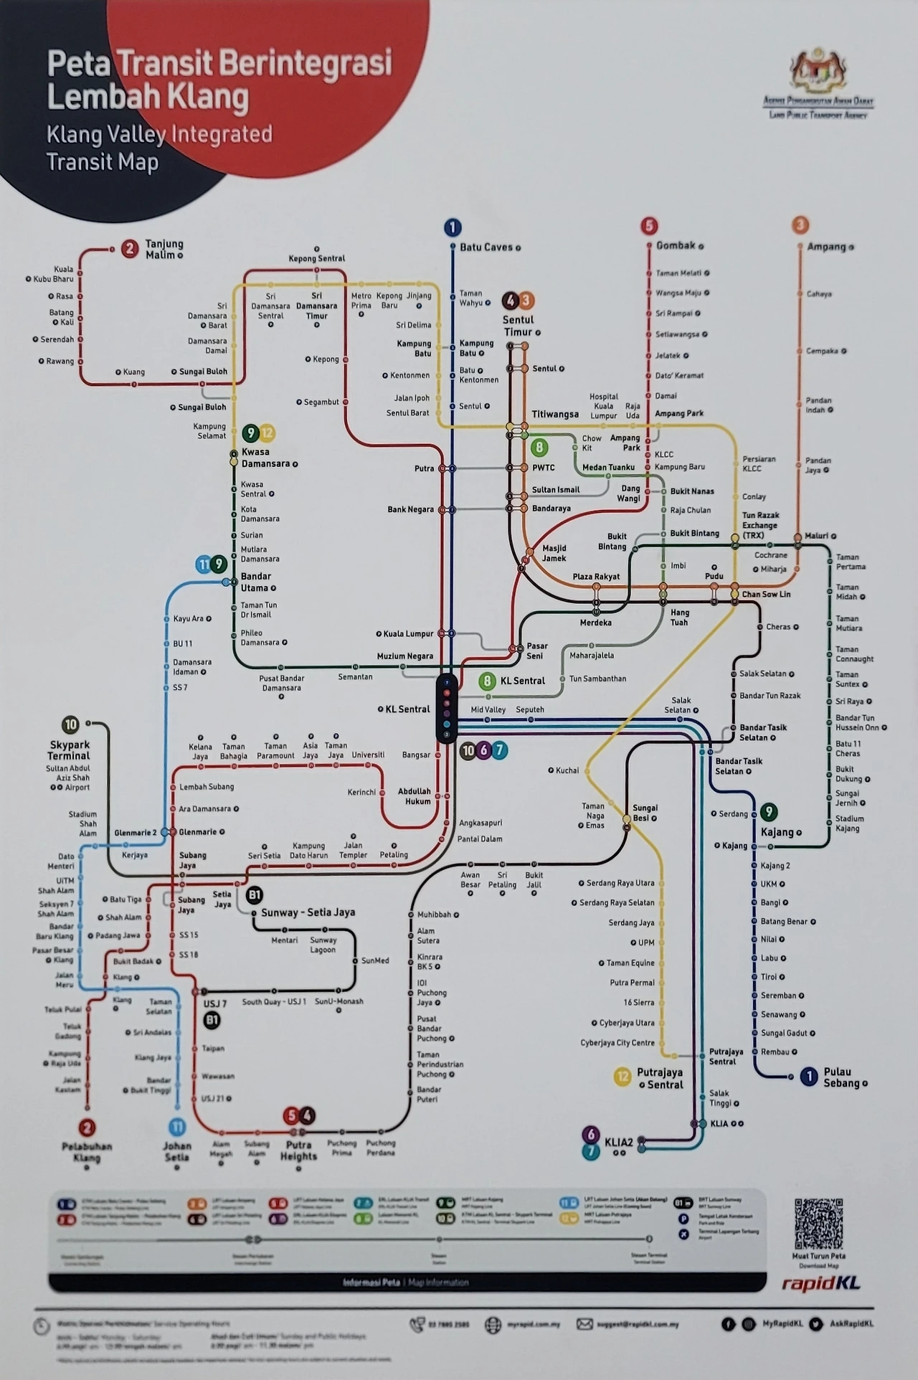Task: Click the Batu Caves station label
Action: [x=486, y=247]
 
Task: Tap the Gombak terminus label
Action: [x=676, y=246]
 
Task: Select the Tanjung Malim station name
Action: [x=164, y=250]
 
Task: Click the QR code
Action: [x=818, y=1224]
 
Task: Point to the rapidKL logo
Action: [x=820, y=1283]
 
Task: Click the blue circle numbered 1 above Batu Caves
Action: [x=452, y=228]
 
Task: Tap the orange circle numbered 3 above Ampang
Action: [x=800, y=225]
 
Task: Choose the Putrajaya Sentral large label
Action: [x=660, y=1078]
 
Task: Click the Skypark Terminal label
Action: [x=69, y=750]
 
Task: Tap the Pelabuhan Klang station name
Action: [x=87, y=1152]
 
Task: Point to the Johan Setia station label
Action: [x=177, y=1151]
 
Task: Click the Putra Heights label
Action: [x=298, y=1150]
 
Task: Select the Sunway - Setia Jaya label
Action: [x=308, y=912]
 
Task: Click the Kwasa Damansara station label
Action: [x=265, y=458]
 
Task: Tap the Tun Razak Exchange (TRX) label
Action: [x=760, y=525]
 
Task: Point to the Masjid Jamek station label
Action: [x=554, y=553]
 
